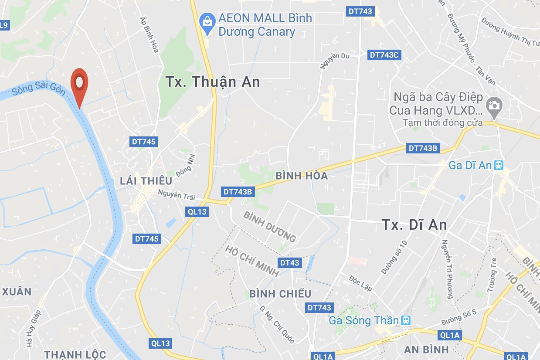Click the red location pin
(79, 83)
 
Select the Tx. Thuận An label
(213, 82)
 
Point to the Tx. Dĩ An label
(414, 224)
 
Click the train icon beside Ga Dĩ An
(499, 166)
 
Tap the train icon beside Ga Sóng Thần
(406, 320)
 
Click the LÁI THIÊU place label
(146, 180)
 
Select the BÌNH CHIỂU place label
(280, 294)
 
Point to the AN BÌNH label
(426, 349)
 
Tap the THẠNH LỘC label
(75, 354)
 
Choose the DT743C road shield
(384, 54)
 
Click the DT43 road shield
(290, 262)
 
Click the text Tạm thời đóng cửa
(443, 123)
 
